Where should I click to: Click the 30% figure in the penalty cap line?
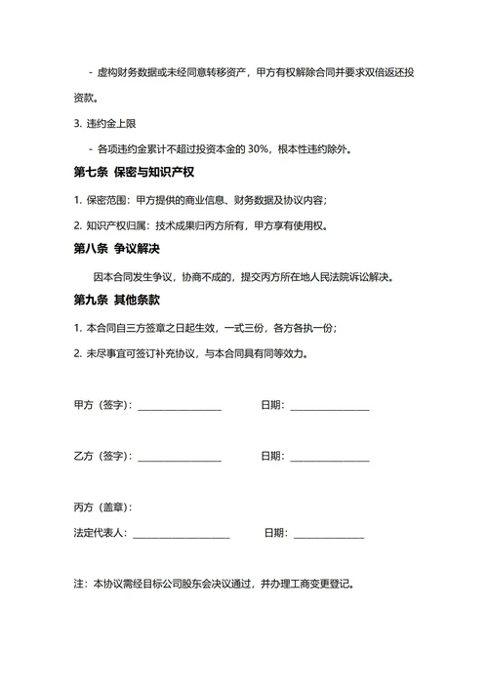click(x=261, y=149)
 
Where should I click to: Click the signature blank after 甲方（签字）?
click(x=180, y=405)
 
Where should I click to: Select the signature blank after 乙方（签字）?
click(x=180, y=456)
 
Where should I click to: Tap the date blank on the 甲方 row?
click(x=329, y=405)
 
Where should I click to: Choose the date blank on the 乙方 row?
click(x=329, y=456)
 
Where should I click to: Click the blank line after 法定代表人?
click(x=182, y=533)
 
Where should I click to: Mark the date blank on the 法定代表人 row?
click(x=329, y=533)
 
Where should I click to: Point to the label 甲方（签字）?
click(x=102, y=405)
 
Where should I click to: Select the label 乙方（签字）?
click(x=102, y=456)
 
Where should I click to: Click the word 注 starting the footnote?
click(x=79, y=585)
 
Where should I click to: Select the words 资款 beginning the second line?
click(x=85, y=99)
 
